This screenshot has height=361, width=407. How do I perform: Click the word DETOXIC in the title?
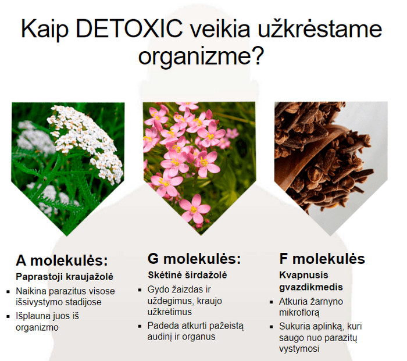click(x=129, y=28)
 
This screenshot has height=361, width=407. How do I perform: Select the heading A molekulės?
click(x=62, y=260)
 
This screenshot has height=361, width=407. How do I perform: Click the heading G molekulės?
click(x=194, y=259)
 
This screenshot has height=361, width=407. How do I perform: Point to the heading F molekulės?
click(x=322, y=259)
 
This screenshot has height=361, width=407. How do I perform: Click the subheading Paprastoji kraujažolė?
click(x=65, y=277)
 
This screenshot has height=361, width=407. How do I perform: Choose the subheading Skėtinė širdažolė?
click(x=187, y=275)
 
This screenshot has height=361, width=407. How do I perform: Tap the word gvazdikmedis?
click(x=311, y=287)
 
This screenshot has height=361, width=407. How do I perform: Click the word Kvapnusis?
click(x=304, y=275)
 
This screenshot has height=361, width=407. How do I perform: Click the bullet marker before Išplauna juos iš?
click(x=9, y=316)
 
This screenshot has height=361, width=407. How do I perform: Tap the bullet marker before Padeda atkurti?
click(x=140, y=326)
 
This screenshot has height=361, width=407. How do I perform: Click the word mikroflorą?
click(x=299, y=313)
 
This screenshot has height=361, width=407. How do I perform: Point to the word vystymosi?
click(x=299, y=349)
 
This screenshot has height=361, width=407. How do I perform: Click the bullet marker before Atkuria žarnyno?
click(x=272, y=302)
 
